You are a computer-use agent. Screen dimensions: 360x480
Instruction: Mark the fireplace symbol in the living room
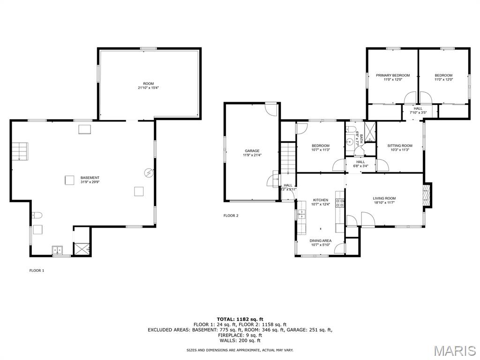(426, 195)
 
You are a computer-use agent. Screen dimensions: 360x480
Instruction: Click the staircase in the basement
(20, 151)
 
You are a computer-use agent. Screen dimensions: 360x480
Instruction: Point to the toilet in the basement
(37, 215)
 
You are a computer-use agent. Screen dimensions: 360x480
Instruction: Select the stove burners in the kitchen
(340, 203)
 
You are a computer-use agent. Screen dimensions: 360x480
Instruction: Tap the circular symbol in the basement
(149, 173)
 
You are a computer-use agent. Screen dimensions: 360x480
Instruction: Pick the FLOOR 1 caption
(37, 270)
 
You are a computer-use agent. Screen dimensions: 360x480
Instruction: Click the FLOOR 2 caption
(231, 216)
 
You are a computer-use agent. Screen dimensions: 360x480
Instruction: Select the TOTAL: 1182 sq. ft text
(240, 319)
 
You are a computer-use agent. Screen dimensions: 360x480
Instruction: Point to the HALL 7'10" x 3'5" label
(418, 111)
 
